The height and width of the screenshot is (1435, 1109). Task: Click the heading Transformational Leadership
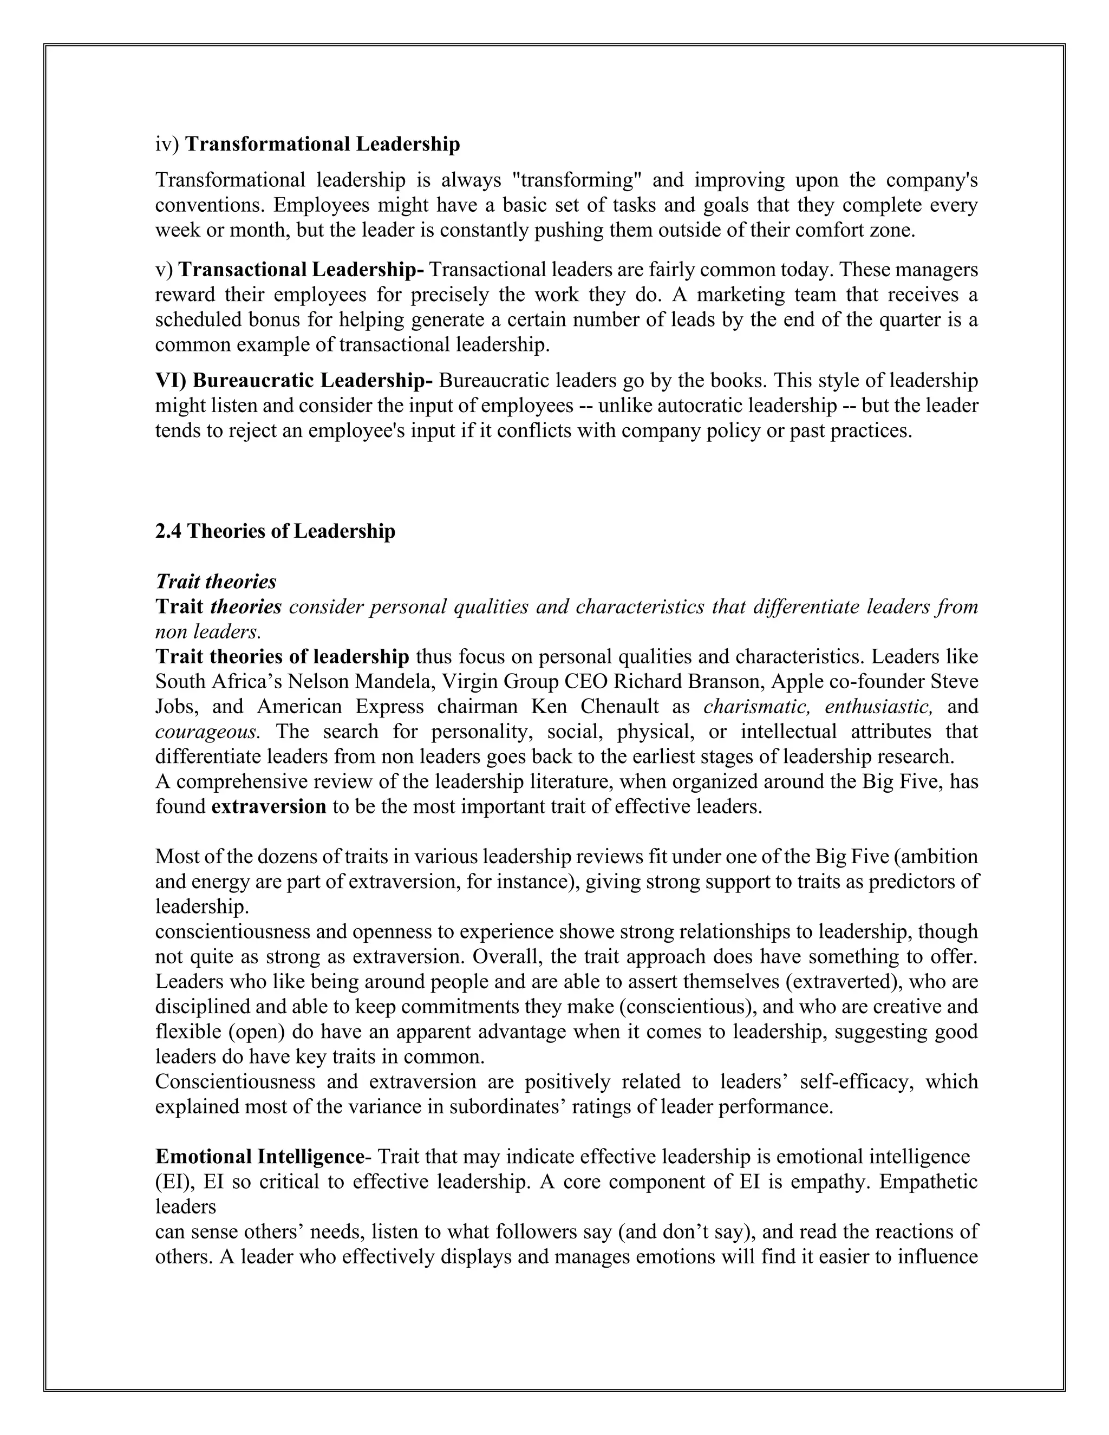tap(323, 144)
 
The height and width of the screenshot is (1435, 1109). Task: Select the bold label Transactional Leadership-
tap(302, 269)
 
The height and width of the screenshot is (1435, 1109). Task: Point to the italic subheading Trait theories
tap(216, 582)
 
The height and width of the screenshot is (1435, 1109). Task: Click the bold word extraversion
tap(269, 806)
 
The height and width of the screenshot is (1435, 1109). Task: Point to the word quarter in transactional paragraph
tap(927, 320)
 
